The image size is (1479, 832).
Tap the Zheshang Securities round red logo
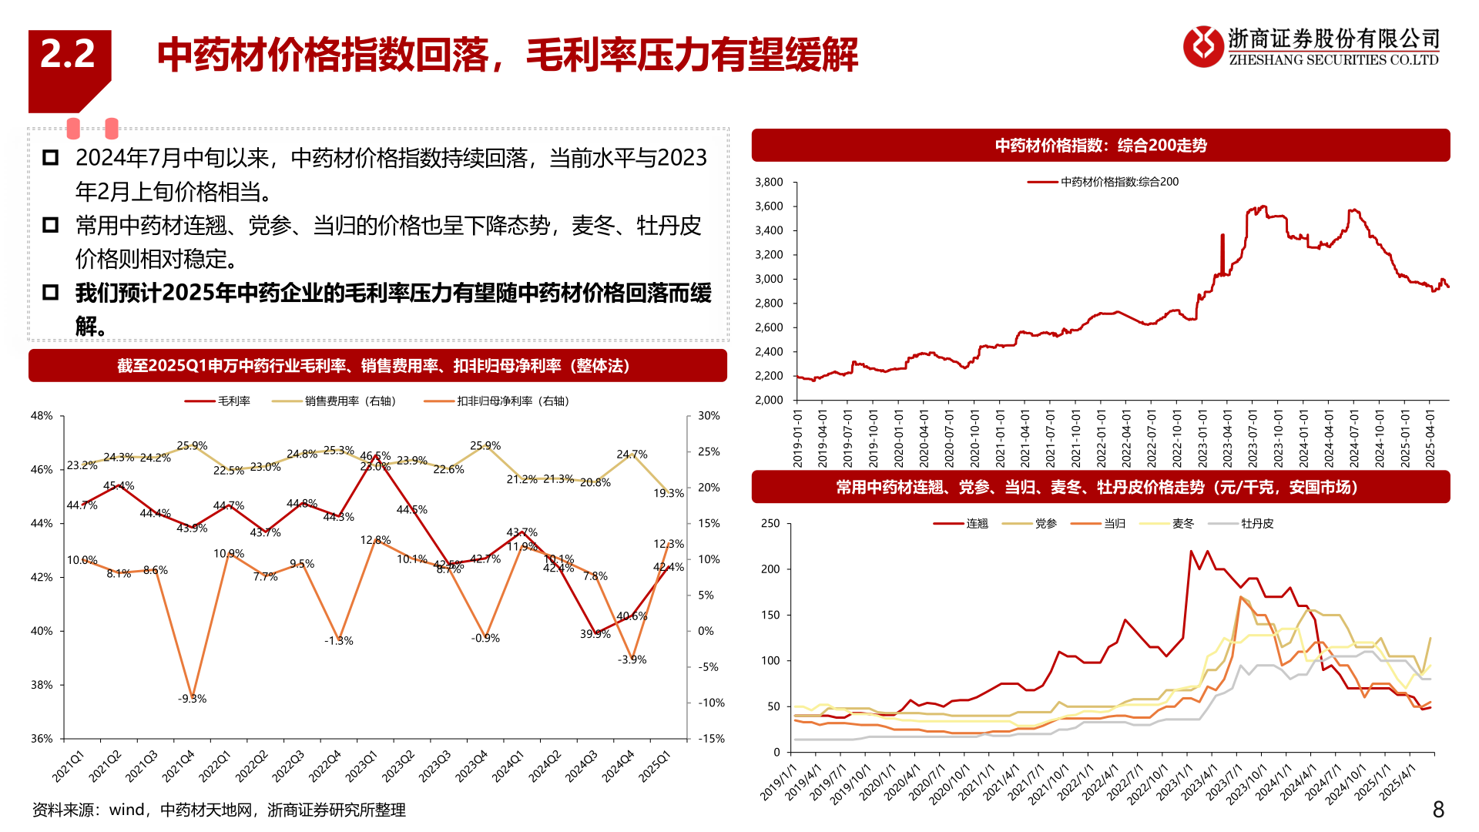click(1202, 46)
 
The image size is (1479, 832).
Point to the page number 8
click(1437, 809)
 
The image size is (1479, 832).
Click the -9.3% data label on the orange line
click(192, 699)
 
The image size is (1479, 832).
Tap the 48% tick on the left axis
click(42, 416)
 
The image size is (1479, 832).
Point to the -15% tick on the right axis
click(711, 738)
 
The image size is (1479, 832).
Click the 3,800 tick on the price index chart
click(769, 182)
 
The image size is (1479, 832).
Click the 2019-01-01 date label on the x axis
click(798, 438)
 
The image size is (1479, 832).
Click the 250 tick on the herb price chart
click(770, 523)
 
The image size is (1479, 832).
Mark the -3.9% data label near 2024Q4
click(632, 659)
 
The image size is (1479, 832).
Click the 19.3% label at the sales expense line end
click(668, 493)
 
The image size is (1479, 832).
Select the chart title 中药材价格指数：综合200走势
click(1101, 146)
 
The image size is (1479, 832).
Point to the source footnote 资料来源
click(219, 810)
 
